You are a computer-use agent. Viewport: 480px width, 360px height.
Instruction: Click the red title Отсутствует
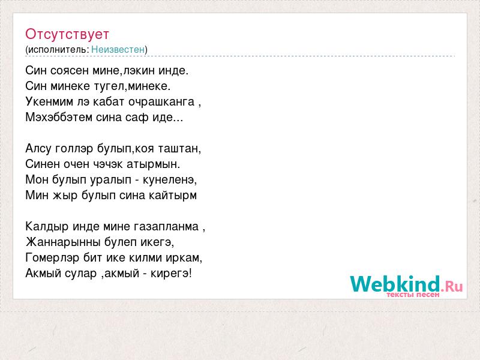click(67, 34)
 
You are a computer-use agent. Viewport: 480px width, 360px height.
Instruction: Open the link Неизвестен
click(118, 49)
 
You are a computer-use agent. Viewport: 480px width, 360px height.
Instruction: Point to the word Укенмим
click(49, 101)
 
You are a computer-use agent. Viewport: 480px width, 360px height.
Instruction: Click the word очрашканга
click(161, 102)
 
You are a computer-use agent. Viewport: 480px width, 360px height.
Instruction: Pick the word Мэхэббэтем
click(59, 117)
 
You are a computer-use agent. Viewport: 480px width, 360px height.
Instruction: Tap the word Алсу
click(38, 148)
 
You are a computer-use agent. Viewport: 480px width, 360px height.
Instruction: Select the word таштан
click(179, 149)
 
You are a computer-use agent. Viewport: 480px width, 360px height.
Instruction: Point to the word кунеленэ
click(169, 179)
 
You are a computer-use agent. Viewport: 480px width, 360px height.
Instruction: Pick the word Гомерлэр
click(52, 258)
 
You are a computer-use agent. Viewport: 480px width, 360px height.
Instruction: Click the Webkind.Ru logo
click(407, 284)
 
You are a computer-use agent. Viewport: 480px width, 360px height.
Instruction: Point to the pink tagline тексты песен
click(413, 295)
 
